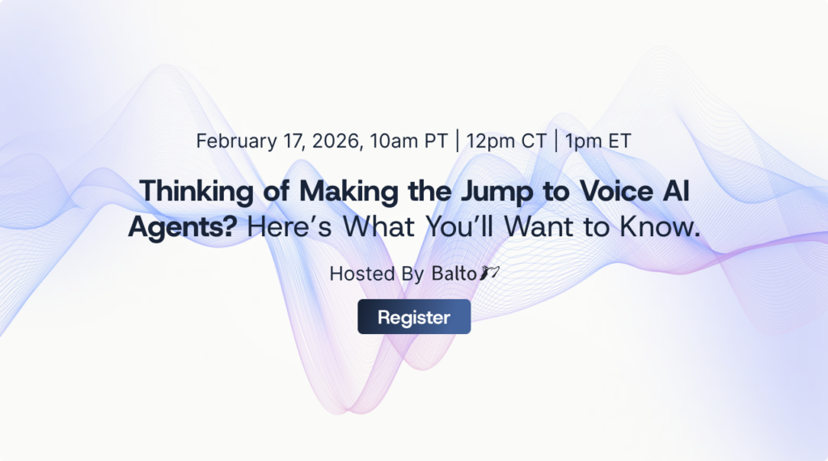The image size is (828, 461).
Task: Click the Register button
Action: [x=414, y=317]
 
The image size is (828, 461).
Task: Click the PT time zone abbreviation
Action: [x=436, y=140]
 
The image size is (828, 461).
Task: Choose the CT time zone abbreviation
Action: [x=534, y=140]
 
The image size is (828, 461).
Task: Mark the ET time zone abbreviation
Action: [x=619, y=140]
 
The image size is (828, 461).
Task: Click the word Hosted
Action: [x=362, y=274]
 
